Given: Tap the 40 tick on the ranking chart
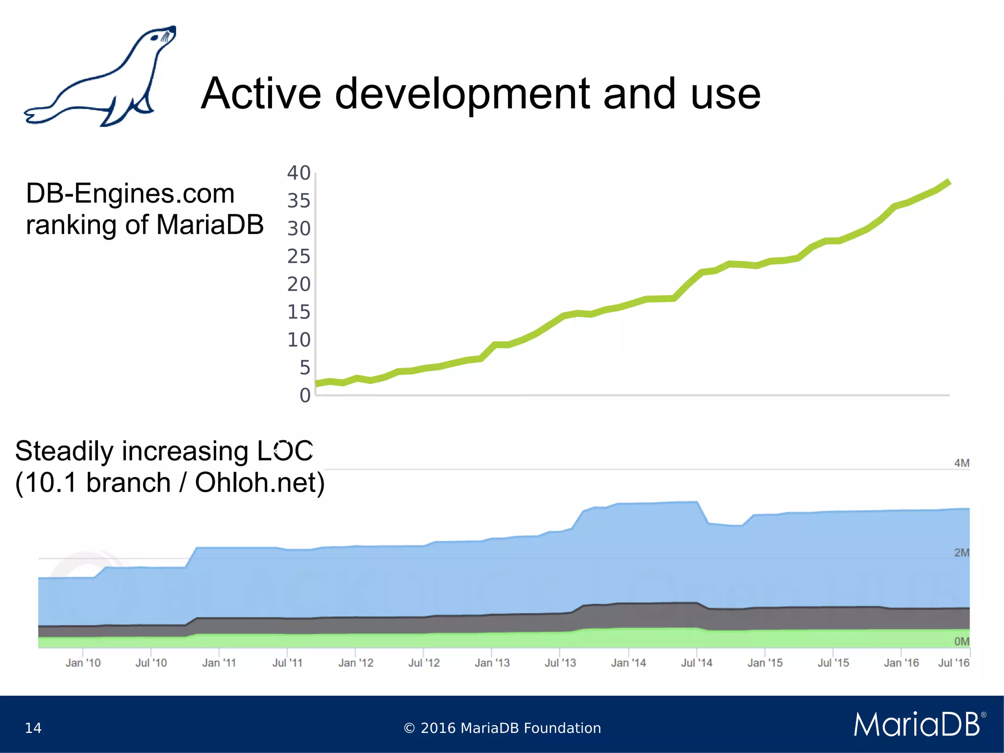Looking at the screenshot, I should coord(299,173).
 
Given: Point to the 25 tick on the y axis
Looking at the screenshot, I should coord(299,256).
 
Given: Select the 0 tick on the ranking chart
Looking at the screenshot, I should coord(305,395).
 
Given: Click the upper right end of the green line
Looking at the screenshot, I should coord(949,182).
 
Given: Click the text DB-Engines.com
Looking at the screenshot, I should coord(130,193).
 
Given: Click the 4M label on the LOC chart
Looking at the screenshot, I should coord(961,463).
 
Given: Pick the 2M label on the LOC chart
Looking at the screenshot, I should coord(961,552).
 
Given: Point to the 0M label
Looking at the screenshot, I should coord(961,641).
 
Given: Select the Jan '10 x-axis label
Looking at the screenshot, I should coord(83,663).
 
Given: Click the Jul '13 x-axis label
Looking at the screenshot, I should coord(560,663).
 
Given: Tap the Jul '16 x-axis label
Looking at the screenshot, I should coord(954,663).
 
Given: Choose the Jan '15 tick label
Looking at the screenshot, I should coord(765,663).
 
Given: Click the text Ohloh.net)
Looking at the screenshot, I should coord(260,483).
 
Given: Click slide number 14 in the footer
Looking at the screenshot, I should coord(33,728).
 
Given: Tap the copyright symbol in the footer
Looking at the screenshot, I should coord(409,728).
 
